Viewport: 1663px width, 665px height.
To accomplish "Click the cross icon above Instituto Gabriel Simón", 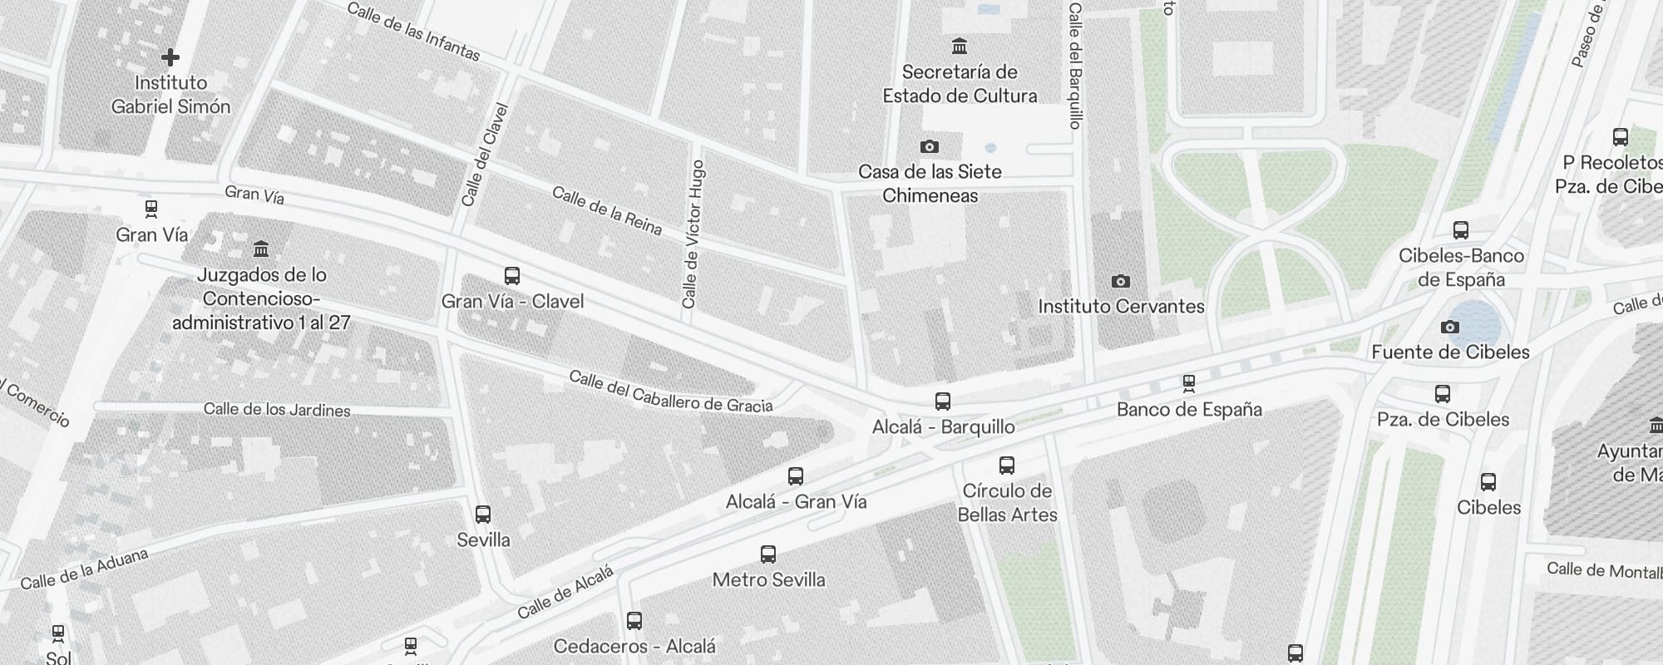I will (x=170, y=57).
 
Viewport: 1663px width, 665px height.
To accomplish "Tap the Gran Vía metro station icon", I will (x=151, y=209).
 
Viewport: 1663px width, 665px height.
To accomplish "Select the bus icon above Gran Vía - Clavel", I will (x=512, y=275).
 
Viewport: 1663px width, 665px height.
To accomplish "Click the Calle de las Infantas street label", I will (x=413, y=32).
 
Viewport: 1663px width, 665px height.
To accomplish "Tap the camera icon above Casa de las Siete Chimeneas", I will (x=930, y=147).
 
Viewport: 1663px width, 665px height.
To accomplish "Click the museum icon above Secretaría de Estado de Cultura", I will (x=960, y=46).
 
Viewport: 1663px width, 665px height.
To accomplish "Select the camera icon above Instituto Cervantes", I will (x=1121, y=281).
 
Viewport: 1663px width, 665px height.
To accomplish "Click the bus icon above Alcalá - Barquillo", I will (x=943, y=401).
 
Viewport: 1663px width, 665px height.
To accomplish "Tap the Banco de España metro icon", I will (x=1189, y=383).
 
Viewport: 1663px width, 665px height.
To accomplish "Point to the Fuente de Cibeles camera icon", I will (x=1450, y=327).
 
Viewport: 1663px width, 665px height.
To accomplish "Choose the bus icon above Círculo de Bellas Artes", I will (x=1007, y=465).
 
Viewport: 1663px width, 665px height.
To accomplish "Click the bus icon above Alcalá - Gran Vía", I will (x=796, y=476).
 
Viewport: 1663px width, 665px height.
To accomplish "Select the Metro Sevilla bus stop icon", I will (x=768, y=554).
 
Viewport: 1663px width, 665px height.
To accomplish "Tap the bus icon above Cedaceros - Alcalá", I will (x=634, y=621).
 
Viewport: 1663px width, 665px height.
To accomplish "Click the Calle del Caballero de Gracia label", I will (x=671, y=392).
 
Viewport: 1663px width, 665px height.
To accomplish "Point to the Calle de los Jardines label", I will (x=277, y=409).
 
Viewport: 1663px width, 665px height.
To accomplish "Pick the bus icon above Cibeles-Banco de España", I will (x=1461, y=230).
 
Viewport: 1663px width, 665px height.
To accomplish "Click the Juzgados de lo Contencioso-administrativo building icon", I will (x=261, y=249).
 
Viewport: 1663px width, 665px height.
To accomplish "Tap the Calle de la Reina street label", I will (x=607, y=210).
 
